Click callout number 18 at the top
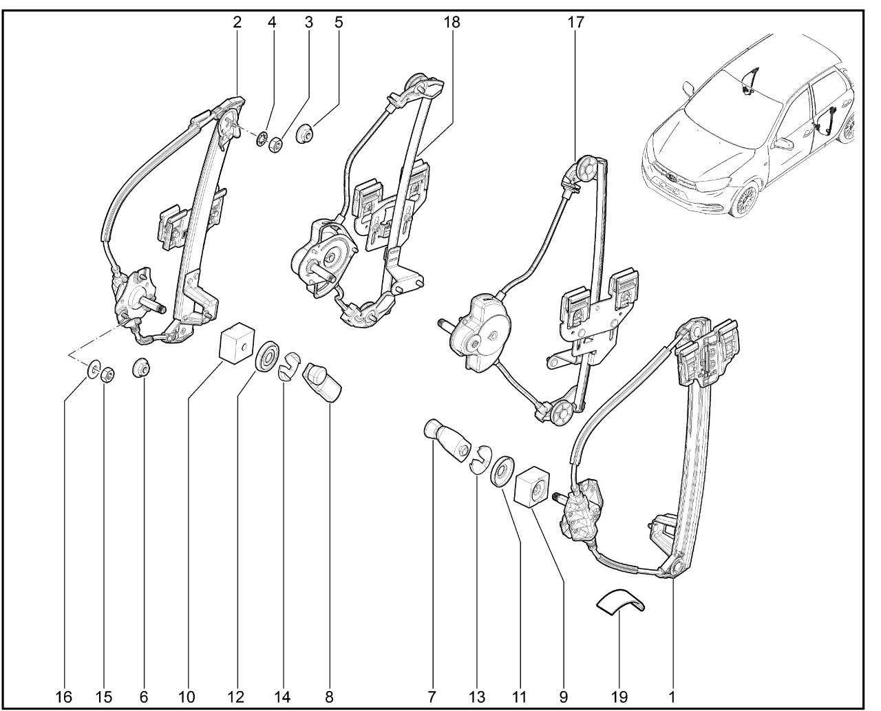click(452, 22)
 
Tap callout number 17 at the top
click(575, 22)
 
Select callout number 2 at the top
click(237, 22)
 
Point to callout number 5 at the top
click(339, 22)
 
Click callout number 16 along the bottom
click(63, 697)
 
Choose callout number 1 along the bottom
click(671, 697)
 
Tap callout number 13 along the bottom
click(476, 697)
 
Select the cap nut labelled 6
click(142, 368)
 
